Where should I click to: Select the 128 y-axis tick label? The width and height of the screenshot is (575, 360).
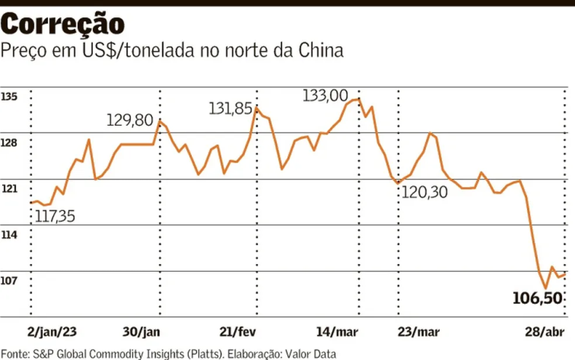pyautogui.click(x=9, y=143)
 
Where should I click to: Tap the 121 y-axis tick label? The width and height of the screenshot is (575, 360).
pyautogui.click(x=9, y=189)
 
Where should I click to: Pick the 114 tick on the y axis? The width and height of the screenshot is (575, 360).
pyautogui.click(x=9, y=235)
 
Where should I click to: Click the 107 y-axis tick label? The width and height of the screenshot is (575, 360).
pyautogui.click(x=9, y=281)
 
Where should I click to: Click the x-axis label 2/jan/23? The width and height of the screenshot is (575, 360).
pyautogui.click(x=52, y=332)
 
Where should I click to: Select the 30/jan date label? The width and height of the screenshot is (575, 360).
pyautogui.click(x=142, y=332)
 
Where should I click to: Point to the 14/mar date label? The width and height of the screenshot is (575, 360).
pyautogui.click(x=338, y=332)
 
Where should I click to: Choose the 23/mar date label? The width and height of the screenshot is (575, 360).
pyautogui.click(x=419, y=332)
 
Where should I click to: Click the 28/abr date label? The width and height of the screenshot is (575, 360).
pyautogui.click(x=544, y=332)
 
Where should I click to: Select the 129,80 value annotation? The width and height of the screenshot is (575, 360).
pyautogui.click(x=130, y=120)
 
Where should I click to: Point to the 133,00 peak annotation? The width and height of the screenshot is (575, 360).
pyautogui.click(x=326, y=96)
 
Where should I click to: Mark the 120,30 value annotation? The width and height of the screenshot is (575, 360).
pyautogui.click(x=425, y=193)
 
